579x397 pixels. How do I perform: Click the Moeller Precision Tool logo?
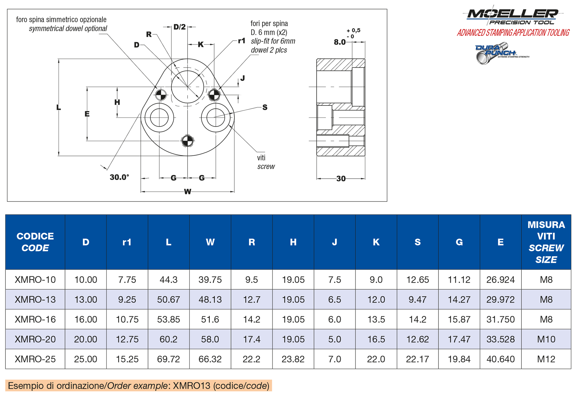click(x=513, y=16)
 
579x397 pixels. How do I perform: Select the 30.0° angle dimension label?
click(x=119, y=177)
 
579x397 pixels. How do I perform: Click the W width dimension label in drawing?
click(x=187, y=192)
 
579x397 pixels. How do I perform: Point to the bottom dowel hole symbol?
click(x=187, y=140)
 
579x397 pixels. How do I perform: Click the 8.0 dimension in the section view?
click(x=340, y=42)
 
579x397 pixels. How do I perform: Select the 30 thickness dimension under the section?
click(x=341, y=179)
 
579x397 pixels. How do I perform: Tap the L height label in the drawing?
click(x=59, y=107)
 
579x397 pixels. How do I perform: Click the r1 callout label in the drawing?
click(x=242, y=41)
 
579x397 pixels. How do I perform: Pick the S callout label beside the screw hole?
click(x=265, y=107)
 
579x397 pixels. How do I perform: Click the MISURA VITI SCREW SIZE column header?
click(x=546, y=242)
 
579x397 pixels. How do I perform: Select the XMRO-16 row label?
click(x=35, y=319)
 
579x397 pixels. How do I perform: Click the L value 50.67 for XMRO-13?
click(x=168, y=299)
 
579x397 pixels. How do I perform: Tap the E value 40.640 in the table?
click(x=500, y=359)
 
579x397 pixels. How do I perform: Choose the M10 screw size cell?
click(x=546, y=339)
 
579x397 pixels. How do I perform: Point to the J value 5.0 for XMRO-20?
click(x=334, y=339)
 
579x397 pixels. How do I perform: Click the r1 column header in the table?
click(x=127, y=242)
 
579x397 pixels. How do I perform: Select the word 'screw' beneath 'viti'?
click(x=266, y=167)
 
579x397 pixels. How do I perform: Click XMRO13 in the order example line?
click(x=191, y=386)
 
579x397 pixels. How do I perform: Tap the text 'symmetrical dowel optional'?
click(x=68, y=29)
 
